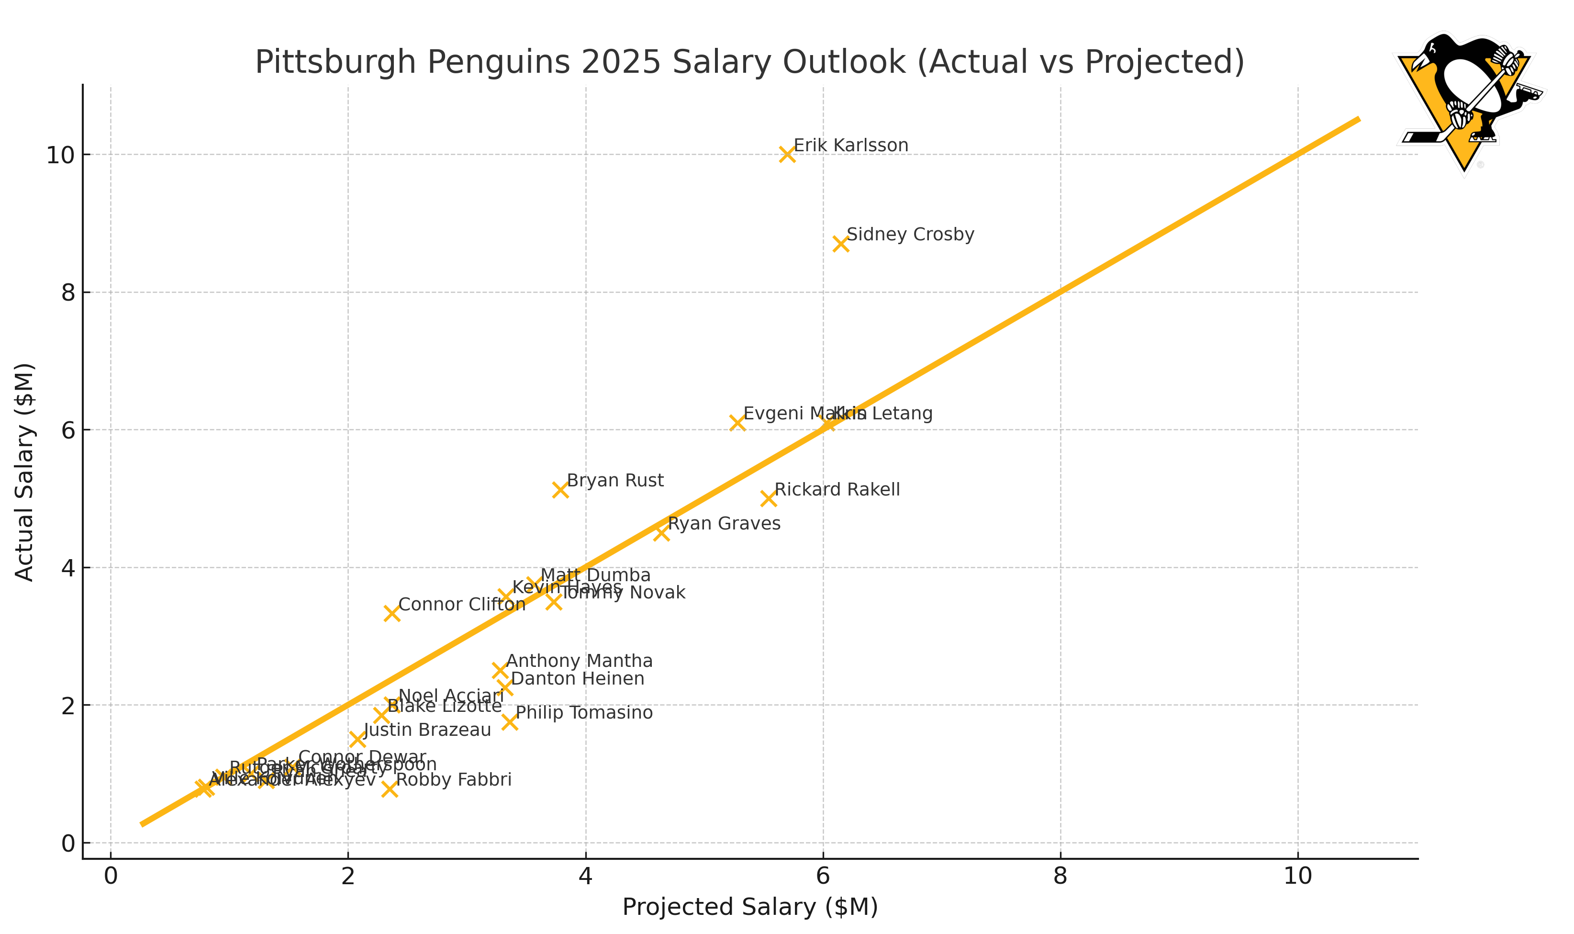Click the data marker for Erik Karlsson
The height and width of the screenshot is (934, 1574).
pyautogui.click(x=787, y=154)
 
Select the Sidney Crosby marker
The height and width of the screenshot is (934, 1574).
pyautogui.click(x=840, y=244)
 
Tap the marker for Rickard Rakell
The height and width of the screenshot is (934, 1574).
pyautogui.click(x=768, y=498)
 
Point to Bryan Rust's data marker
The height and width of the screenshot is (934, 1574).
pyautogui.click(x=560, y=490)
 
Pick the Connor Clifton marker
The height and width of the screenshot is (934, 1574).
pyautogui.click(x=392, y=613)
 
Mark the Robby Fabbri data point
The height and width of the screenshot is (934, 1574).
pyautogui.click(x=390, y=788)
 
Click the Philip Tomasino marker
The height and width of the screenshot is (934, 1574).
pyautogui.click(x=510, y=722)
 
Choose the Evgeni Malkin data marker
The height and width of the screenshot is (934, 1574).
pyautogui.click(x=737, y=422)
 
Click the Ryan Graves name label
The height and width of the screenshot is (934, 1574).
pyautogui.click(x=724, y=524)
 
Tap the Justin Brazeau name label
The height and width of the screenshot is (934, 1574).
pyautogui.click(x=427, y=730)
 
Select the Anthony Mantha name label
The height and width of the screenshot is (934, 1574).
pyautogui.click(x=580, y=661)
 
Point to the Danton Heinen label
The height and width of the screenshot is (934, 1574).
pyautogui.click(x=578, y=678)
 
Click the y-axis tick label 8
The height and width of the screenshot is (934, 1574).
pyautogui.click(x=68, y=293)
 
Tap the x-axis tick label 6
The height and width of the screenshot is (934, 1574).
pyautogui.click(x=823, y=876)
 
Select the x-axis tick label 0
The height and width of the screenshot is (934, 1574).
pyautogui.click(x=111, y=876)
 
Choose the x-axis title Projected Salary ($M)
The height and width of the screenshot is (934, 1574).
pyautogui.click(x=750, y=907)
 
